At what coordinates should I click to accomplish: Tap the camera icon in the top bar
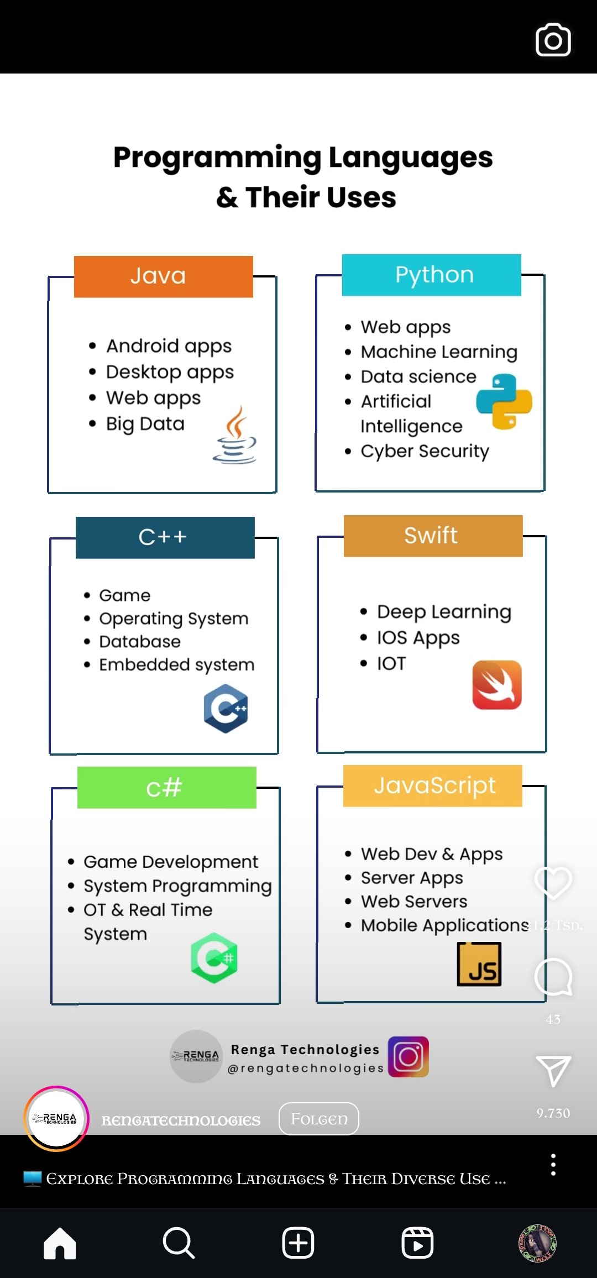coord(553,40)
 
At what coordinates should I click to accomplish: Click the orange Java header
coord(164,276)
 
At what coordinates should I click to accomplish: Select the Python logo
coord(504,401)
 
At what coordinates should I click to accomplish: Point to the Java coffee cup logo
coord(235,436)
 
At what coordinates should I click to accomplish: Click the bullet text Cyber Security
coord(425,451)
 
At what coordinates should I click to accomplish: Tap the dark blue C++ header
coord(165,537)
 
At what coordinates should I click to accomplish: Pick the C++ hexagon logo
coord(226,709)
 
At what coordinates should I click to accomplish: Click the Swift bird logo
coord(497,685)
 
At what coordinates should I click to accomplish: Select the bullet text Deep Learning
coord(444,612)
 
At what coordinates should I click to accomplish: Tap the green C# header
coord(166,787)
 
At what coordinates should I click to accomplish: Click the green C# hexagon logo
coord(214,958)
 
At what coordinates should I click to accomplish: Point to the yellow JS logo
coord(479,965)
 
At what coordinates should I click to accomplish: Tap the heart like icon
coord(553,882)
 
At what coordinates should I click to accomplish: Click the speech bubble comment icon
coord(553,977)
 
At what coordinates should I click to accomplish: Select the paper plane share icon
coord(553,1071)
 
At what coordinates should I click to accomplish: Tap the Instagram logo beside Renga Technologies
coord(409,1056)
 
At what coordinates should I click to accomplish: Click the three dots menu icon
coord(553,1165)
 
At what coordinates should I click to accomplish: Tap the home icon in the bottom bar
coord(60,1243)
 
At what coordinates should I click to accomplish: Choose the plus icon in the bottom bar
coord(298,1243)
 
